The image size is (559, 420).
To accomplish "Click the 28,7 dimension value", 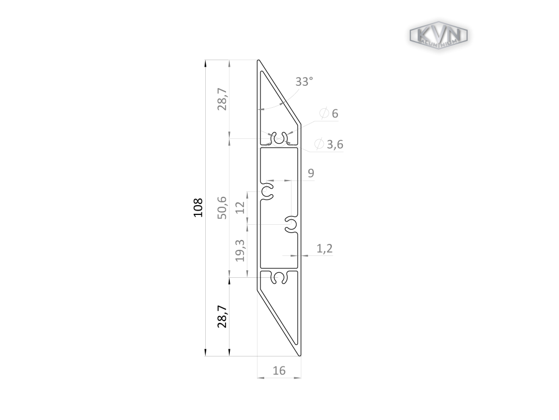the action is pyautogui.click(x=222, y=99).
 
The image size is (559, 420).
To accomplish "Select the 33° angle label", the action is pyautogui.click(x=304, y=81).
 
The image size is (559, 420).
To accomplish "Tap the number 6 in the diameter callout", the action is pyautogui.click(x=335, y=114).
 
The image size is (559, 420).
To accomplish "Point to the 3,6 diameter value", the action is pyautogui.click(x=335, y=144).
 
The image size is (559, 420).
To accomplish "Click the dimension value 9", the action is pyautogui.click(x=311, y=173).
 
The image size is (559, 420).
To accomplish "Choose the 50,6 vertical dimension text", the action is pyautogui.click(x=222, y=207).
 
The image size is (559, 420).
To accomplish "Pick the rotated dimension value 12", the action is pyautogui.click(x=240, y=208).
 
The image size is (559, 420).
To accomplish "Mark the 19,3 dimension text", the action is pyautogui.click(x=240, y=250).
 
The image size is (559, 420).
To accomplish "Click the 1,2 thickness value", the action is pyautogui.click(x=324, y=248).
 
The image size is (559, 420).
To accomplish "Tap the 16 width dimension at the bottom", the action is pyautogui.click(x=279, y=371).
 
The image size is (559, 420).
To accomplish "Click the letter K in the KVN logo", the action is pyautogui.click(x=424, y=34).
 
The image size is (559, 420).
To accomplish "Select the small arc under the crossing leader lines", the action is pyautogui.click(x=278, y=144).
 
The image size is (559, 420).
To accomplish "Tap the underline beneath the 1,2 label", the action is pyautogui.click(x=322, y=255).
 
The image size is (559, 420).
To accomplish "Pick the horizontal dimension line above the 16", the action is pyautogui.click(x=279, y=377).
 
